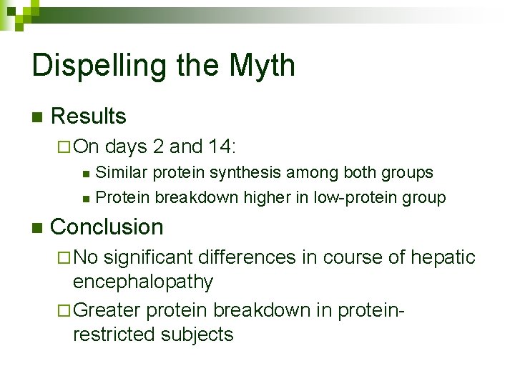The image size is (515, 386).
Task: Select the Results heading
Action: click(89, 117)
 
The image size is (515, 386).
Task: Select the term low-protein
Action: click(353, 197)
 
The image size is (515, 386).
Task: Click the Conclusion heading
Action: click(107, 227)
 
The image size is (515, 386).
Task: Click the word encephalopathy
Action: click(143, 282)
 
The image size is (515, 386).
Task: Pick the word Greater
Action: click(107, 310)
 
